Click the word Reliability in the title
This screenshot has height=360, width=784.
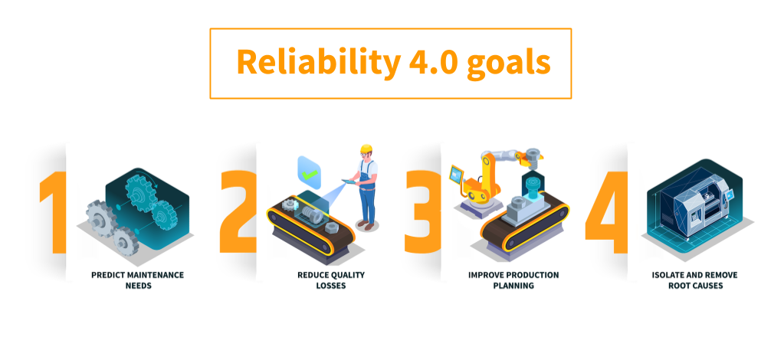click(x=318, y=63)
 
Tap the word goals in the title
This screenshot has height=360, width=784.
click(x=509, y=64)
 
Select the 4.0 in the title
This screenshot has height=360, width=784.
click(x=433, y=62)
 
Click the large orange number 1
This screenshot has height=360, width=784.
click(x=53, y=212)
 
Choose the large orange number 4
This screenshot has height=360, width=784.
click(x=606, y=212)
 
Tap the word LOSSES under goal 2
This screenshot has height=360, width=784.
click(x=331, y=286)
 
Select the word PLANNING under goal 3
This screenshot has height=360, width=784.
click(x=513, y=286)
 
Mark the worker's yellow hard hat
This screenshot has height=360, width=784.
click(x=366, y=149)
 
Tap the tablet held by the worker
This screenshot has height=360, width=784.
click(x=347, y=182)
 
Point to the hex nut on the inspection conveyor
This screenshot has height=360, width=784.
click(x=331, y=228)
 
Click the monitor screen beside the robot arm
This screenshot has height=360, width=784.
click(x=457, y=175)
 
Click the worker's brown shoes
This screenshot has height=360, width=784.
click(x=366, y=225)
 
